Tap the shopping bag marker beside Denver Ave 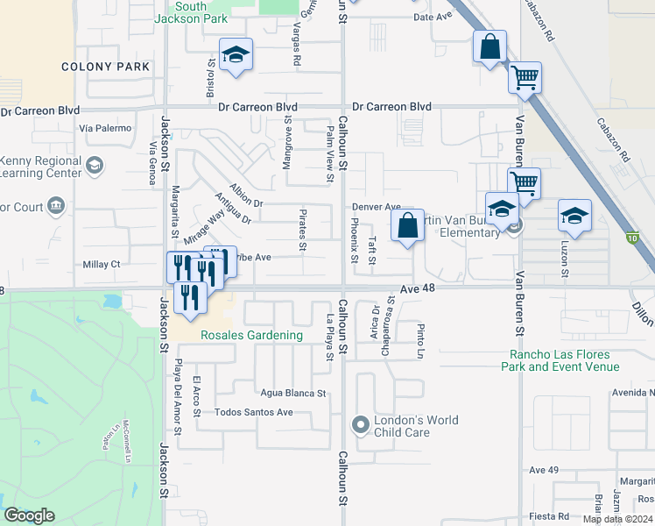408,227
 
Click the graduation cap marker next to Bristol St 236,56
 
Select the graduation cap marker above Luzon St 574,217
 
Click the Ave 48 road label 418,288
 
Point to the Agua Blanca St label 292,394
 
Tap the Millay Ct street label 101,264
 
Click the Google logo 30,515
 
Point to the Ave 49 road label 544,470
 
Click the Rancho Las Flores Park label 560,360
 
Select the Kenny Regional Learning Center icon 94,164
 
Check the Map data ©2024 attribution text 616,519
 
